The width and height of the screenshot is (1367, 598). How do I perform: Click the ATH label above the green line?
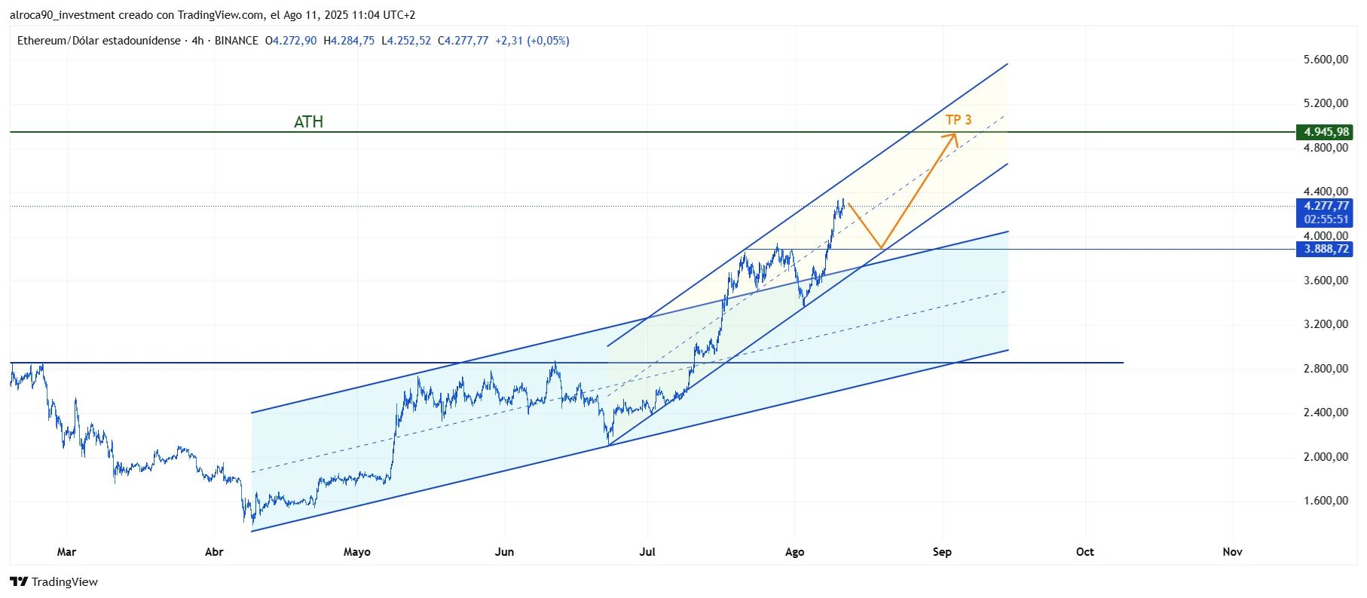click(x=308, y=122)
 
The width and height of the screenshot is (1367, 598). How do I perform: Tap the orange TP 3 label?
click(x=959, y=120)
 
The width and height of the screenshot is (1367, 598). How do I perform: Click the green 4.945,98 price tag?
click(x=1325, y=132)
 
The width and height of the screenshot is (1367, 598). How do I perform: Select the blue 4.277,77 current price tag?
click(x=1325, y=206)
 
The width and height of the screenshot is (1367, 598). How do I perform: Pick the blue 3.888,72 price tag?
click(x=1325, y=249)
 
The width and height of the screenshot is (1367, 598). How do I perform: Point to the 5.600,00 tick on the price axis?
click(x=1326, y=60)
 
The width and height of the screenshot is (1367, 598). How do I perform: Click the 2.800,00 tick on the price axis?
click(x=1326, y=369)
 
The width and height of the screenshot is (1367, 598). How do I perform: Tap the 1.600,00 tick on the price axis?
click(x=1326, y=501)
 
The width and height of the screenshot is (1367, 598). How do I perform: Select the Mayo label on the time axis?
click(x=356, y=552)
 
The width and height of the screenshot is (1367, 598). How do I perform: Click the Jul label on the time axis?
click(x=647, y=552)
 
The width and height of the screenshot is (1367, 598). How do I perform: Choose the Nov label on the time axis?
click(x=1232, y=552)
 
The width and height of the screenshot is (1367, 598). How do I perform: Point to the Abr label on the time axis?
click(x=214, y=552)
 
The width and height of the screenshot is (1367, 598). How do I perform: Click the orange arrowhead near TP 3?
click(x=953, y=136)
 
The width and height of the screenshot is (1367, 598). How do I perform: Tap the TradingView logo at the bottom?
click(x=54, y=581)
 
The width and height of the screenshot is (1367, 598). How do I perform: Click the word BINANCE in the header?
click(x=236, y=41)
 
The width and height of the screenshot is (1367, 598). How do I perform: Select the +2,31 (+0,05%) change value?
click(x=532, y=41)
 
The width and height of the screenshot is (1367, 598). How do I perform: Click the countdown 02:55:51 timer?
click(x=1326, y=219)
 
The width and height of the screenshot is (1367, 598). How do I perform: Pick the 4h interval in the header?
click(x=197, y=41)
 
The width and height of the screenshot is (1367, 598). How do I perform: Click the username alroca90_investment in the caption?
click(x=63, y=15)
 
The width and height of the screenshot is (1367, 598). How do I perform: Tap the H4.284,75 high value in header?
click(x=349, y=41)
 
